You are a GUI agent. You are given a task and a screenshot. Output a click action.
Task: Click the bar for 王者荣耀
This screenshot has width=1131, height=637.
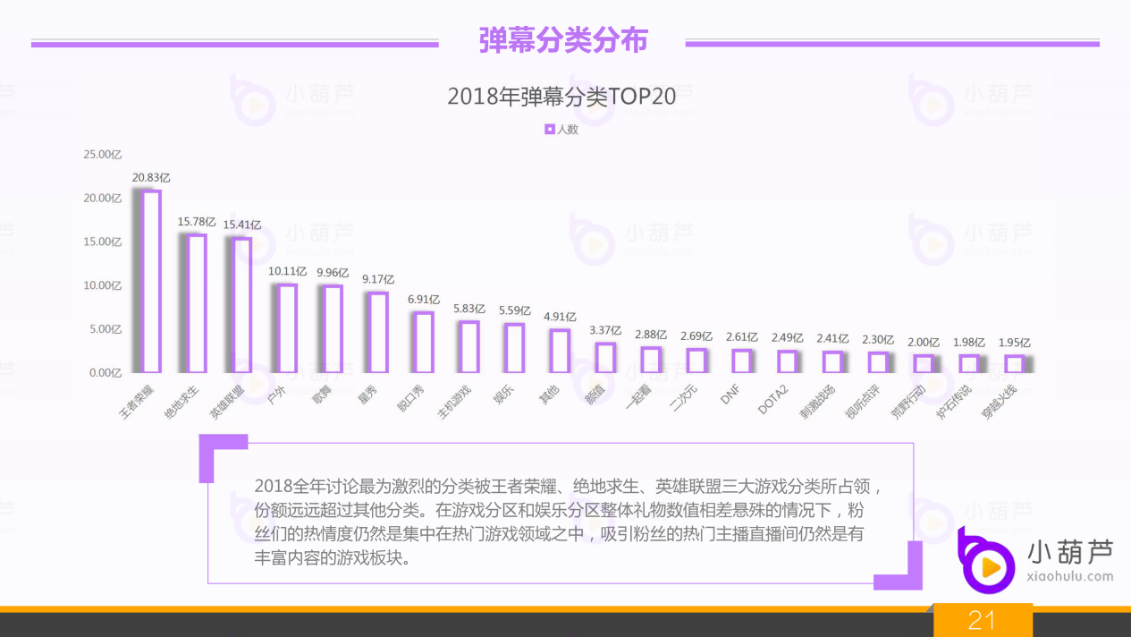tap(152, 281)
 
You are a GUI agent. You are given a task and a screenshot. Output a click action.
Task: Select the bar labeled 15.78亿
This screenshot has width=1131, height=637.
tap(198, 303)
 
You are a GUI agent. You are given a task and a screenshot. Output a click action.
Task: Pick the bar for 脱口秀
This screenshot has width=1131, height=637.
tap(425, 342)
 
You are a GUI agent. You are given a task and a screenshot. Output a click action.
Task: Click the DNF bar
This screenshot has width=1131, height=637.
tap(742, 361)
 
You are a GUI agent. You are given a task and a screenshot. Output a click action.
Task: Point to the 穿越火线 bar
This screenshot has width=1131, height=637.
tap(1014, 363)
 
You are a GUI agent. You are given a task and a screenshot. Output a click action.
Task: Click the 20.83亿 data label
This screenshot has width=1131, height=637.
tap(151, 178)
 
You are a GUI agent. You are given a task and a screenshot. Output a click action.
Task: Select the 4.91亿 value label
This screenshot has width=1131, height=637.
tap(560, 317)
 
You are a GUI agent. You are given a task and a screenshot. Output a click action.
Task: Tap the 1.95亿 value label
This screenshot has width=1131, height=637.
tap(1014, 343)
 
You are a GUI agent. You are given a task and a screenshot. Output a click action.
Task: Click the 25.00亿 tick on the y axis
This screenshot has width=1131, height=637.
tap(102, 155)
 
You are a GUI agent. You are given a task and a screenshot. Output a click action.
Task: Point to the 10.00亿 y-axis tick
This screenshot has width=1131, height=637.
tap(102, 285)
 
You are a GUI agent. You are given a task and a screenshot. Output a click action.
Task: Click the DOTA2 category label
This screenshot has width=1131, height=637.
tap(772, 400)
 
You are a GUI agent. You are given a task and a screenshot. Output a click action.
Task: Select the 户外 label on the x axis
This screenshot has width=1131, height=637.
tap(277, 395)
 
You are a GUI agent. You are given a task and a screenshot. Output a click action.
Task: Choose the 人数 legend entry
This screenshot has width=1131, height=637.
tap(561, 129)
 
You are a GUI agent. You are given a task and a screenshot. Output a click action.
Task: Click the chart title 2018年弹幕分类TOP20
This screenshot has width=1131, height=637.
tap(561, 97)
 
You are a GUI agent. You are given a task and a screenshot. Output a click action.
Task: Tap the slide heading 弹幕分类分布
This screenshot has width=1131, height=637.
tap(562, 41)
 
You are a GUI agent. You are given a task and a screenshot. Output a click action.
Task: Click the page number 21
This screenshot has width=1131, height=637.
tap(982, 620)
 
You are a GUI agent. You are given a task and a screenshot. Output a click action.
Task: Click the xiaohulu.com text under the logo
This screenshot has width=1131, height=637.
tap(1071, 576)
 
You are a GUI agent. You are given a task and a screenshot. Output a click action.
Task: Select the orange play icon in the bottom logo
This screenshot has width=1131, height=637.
tap(990, 567)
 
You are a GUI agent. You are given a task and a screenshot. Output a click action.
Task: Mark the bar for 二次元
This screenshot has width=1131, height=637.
tap(696, 361)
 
